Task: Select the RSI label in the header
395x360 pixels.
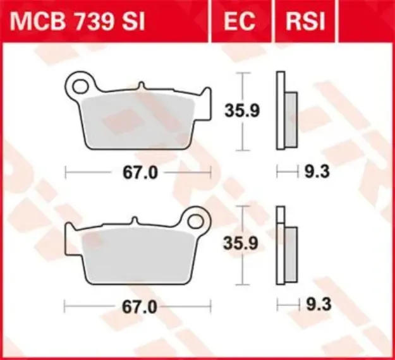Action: click(x=305, y=21)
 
